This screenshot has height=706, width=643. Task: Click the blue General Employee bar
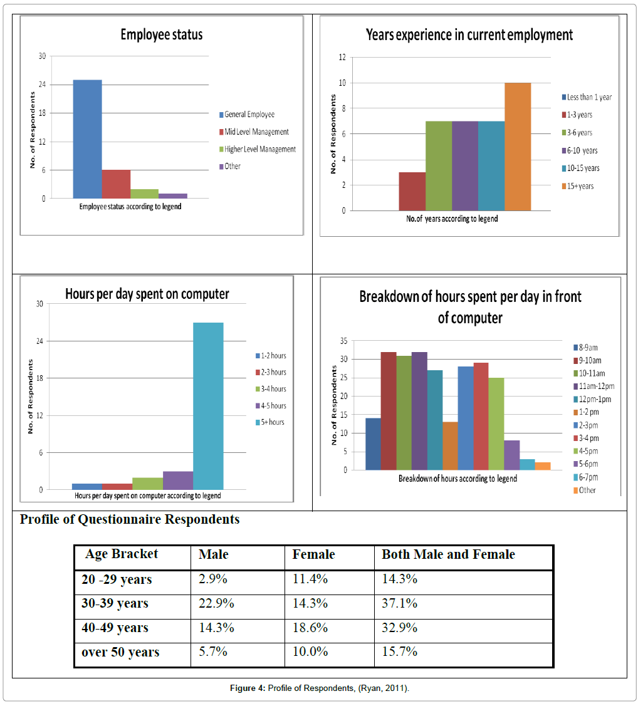click(87, 139)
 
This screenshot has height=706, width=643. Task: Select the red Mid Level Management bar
click(116, 184)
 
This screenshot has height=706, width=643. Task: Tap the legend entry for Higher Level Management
click(258, 149)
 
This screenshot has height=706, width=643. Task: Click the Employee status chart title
click(162, 34)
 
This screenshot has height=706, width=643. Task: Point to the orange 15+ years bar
click(518, 147)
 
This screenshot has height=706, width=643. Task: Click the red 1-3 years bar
click(412, 191)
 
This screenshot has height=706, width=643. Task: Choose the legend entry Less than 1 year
click(587, 97)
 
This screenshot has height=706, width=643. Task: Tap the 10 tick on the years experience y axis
click(342, 83)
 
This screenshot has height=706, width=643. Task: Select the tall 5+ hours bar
click(208, 406)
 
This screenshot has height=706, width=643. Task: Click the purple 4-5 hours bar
click(178, 480)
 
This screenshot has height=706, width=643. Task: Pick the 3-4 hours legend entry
click(271, 388)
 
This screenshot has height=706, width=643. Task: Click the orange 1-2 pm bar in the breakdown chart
click(450, 446)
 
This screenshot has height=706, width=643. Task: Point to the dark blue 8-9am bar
click(373, 444)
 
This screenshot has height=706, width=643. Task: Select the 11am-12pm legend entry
click(594, 387)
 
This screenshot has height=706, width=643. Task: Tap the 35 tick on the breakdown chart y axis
click(344, 341)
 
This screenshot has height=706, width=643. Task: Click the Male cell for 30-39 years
click(216, 603)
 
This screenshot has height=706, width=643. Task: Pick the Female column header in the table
click(313, 554)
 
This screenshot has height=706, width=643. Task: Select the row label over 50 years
click(120, 652)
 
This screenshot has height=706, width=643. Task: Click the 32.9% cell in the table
click(400, 628)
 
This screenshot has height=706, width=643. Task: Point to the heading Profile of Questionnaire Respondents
click(130, 519)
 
